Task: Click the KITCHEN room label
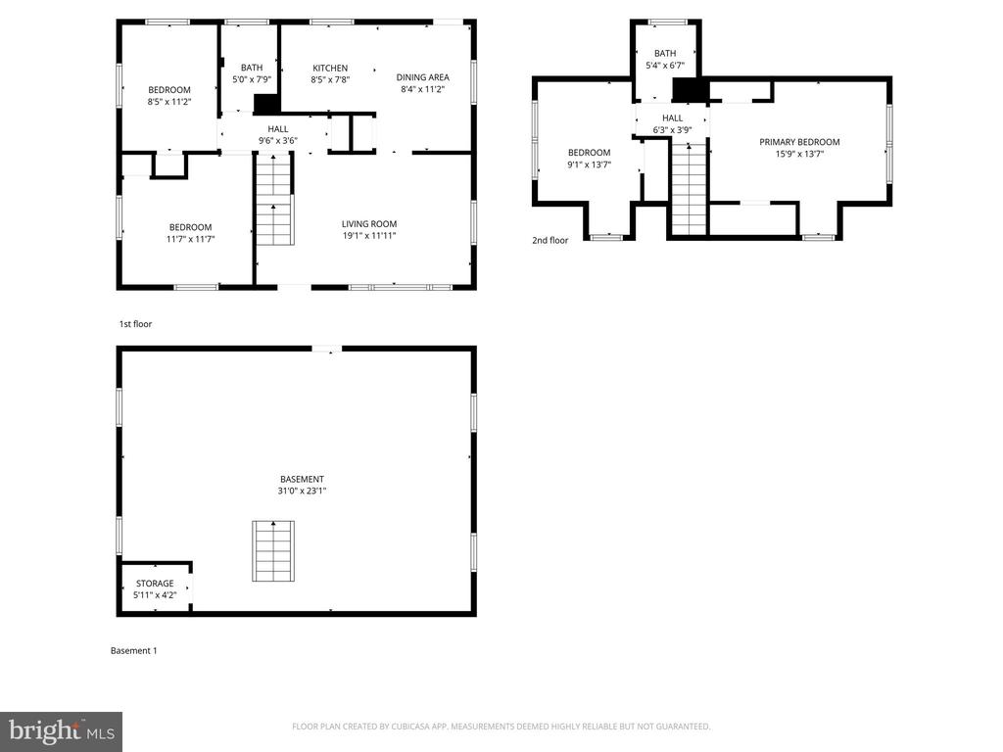pos(330,68)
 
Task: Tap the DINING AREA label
pos(422,77)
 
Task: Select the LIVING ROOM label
pos(369,224)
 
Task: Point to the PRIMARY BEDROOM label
pos(799,142)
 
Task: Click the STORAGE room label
pos(155,584)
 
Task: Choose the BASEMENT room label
pos(302,479)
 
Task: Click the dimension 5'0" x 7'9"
pos(252,80)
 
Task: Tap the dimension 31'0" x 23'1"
pos(302,492)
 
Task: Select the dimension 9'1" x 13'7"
pos(589,164)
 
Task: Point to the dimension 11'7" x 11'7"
pos(191,239)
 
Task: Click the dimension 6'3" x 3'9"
pos(672,130)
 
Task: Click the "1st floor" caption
pos(135,324)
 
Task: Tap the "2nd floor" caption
pos(550,241)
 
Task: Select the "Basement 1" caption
pos(133,651)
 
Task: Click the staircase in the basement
pos(273,551)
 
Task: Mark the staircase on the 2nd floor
pos(689,189)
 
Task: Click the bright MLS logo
pos(62,731)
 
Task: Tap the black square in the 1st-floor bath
pos(266,104)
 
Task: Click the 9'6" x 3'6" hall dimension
pos(277,141)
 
